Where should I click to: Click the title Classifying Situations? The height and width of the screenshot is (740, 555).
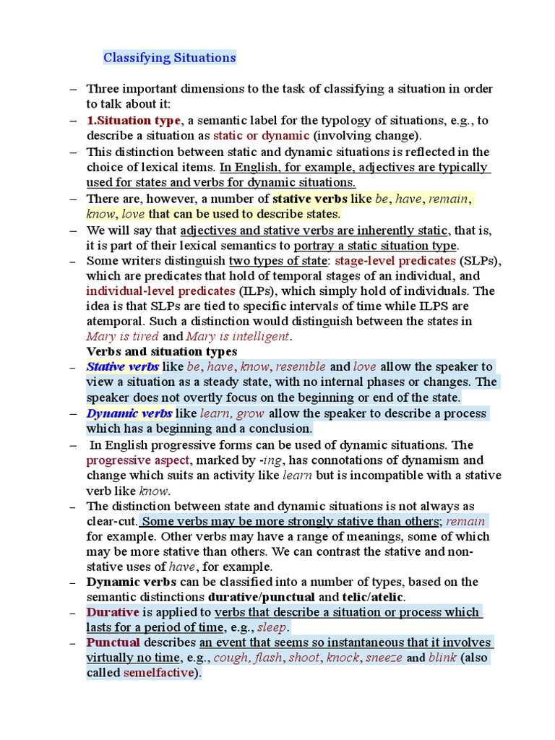170,57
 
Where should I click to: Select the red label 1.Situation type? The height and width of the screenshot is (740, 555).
134,121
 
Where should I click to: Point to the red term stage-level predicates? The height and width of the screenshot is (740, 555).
395,260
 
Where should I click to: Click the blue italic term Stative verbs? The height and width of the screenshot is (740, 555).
123,367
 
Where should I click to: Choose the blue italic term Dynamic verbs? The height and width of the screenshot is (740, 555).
129,414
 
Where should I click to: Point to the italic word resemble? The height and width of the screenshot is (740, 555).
301,367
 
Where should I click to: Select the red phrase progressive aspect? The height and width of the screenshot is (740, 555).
138,460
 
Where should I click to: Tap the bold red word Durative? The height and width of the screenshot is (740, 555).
113,612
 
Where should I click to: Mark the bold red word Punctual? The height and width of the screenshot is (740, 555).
113,642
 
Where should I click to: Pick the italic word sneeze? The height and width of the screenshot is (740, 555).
384,658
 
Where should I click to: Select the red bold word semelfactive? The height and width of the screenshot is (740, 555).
160,673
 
